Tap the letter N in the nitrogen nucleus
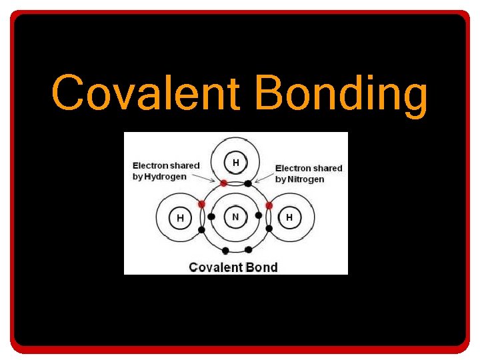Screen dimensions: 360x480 (x=235, y=217)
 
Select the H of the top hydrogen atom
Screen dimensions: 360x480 (x=235, y=162)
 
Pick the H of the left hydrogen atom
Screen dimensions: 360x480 (x=180, y=218)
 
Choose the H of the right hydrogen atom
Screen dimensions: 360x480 (x=289, y=217)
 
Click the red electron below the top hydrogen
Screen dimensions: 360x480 (x=224, y=183)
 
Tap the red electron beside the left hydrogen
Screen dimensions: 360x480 (x=201, y=204)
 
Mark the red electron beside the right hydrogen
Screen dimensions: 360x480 (x=269, y=205)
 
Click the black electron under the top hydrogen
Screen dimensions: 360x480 (x=248, y=183)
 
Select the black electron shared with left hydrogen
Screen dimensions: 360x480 (x=201, y=230)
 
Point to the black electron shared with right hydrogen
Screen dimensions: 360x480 (x=269, y=229)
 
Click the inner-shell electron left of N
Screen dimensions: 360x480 (x=211, y=217)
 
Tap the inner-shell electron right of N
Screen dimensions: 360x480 (x=259, y=216)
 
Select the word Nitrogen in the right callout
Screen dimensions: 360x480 (x=305, y=179)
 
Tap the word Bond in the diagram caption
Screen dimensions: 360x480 (x=262, y=267)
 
